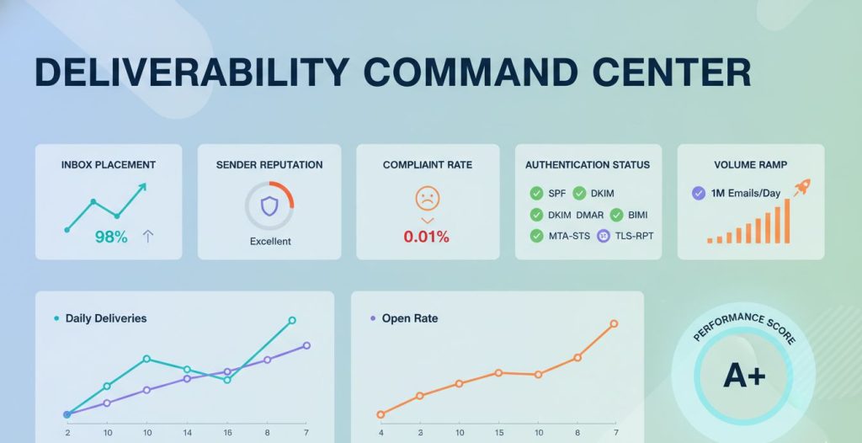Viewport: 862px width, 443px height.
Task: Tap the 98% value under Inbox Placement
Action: click(x=111, y=237)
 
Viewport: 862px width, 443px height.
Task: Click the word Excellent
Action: click(x=270, y=242)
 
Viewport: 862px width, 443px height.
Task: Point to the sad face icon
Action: click(x=428, y=199)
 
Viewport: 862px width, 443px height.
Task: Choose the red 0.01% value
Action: click(x=427, y=237)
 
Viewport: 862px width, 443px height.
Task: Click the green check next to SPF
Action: click(x=536, y=193)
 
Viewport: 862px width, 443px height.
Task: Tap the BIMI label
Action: click(x=638, y=215)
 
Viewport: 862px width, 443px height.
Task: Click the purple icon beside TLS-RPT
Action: click(x=603, y=236)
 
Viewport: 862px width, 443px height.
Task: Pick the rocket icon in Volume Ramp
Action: click(x=802, y=188)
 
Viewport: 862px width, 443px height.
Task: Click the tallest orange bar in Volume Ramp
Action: click(x=788, y=221)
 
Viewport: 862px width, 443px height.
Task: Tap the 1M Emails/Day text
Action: click(x=746, y=193)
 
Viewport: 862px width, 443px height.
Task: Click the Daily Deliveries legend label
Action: click(x=106, y=318)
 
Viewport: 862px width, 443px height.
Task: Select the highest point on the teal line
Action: click(x=292, y=320)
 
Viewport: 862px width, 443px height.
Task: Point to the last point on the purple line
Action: click(x=306, y=345)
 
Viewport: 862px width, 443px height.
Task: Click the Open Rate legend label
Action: click(x=410, y=318)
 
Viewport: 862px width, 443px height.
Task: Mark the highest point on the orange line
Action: click(x=615, y=323)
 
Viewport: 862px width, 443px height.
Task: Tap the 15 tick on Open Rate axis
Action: click(x=498, y=432)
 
